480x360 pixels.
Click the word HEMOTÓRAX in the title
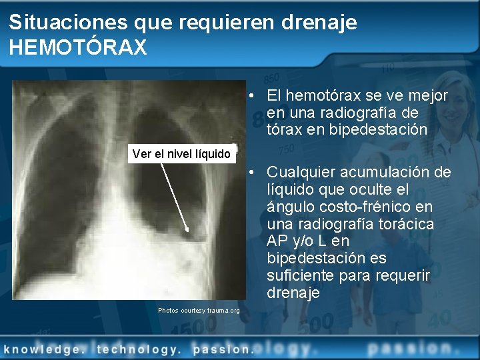78,47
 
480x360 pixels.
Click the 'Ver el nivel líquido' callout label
181,154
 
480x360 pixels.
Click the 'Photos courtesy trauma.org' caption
199,311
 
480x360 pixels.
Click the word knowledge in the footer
46,348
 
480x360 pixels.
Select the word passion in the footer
222,348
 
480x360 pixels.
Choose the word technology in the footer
138,348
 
